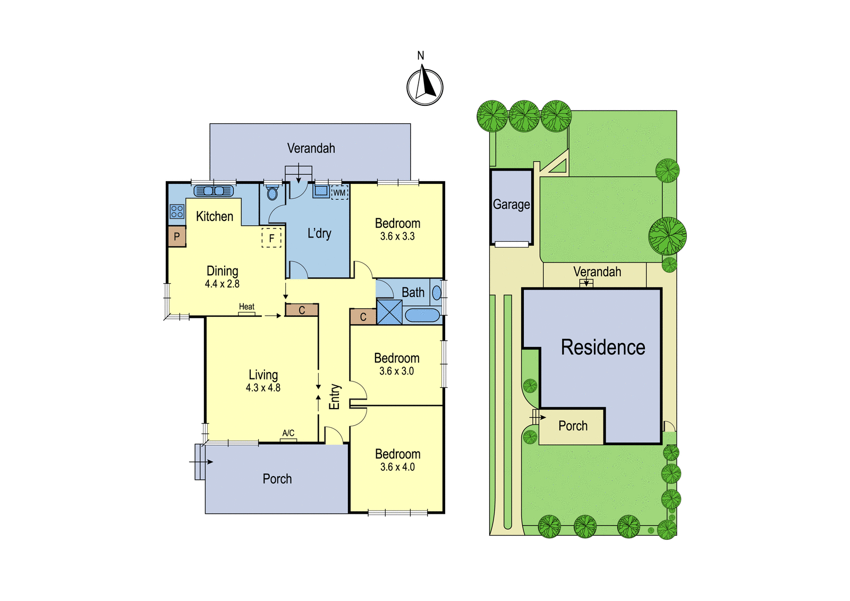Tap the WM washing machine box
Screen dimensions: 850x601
[x=339, y=192]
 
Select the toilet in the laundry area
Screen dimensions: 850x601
[x=271, y=192]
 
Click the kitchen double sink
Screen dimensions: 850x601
[x=214, y=191]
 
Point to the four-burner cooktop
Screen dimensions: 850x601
[x=177, y=211]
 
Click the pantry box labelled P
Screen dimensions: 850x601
[x=177, y=236]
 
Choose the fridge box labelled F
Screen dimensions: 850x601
[x=271, y=238]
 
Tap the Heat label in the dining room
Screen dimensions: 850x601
[x=246, y=307]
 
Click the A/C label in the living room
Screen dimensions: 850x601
[x=288, y=433]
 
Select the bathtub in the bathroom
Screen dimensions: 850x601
[x=422, y=315]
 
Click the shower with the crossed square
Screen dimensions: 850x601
[x=389, y=312]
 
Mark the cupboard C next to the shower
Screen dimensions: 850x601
[x=363, y=317]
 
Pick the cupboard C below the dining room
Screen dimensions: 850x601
[x=302, y=310]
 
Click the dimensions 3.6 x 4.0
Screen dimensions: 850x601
[x=397, y=467]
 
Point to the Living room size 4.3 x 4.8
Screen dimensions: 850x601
[x=263, y=387]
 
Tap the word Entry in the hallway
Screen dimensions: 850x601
[x=334, y=397]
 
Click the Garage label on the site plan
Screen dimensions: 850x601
[x=511, y=205]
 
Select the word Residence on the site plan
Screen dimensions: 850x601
[x=603, y=347]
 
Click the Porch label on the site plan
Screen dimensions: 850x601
[x=573, y=426]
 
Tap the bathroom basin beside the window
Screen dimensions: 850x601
[x=437, y=293]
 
